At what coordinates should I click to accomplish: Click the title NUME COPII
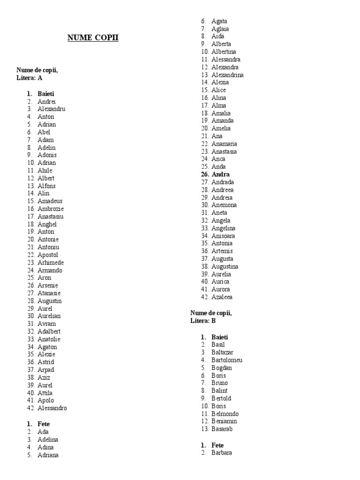point(93,37)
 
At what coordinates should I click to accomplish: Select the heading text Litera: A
point(30,78)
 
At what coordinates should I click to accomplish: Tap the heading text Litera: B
point(203,321)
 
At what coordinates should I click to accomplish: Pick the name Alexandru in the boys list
point(52,109)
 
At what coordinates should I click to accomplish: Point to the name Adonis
point(47,155)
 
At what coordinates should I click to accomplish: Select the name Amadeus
point(50,201)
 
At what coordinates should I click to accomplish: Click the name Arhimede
point(51,262)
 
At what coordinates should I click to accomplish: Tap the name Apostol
point(48,255)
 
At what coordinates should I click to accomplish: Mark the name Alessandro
point(52,408)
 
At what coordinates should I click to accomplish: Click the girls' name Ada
point(43,432)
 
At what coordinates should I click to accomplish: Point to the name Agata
point(219,21)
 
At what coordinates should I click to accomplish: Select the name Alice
point(218,90)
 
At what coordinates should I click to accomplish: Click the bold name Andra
point(221,174)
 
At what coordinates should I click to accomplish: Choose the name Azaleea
point(222,297)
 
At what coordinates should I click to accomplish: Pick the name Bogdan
point(222,368)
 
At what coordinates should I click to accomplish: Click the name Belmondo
point(225,414)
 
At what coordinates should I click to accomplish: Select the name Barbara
point(222,453)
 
